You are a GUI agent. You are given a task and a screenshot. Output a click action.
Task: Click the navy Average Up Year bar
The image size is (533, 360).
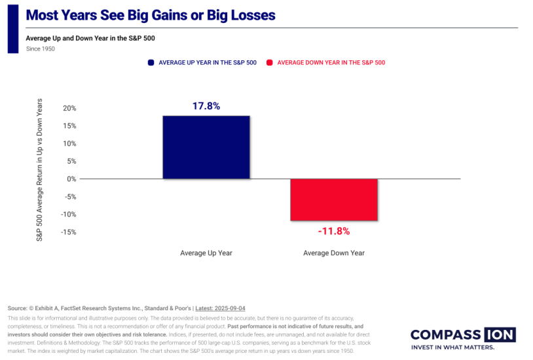[x=206, y=147]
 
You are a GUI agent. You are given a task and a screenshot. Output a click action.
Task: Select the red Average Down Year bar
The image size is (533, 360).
[x=335, y=200]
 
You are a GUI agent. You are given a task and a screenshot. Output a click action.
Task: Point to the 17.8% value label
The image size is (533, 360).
[x=206, y=105]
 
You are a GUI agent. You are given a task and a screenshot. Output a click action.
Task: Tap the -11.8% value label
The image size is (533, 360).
[x=334, y=231]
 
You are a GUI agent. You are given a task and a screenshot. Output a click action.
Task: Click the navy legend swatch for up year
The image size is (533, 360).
[x=151, y=63]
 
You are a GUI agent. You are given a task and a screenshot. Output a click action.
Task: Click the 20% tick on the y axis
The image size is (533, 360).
[x=69, y=109]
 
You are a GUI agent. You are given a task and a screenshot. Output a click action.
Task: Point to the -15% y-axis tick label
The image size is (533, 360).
[x=69, y=232]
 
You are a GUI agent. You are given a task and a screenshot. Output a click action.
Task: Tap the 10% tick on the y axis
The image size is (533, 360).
[x=69, y=144]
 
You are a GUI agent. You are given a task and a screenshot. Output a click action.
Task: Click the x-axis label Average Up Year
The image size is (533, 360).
[x=206, y=253]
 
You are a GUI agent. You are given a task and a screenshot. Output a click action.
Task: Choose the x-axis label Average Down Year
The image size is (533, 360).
[x=334, y=253]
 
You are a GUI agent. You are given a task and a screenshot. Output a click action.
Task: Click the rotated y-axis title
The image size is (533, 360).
[x=39, y=170]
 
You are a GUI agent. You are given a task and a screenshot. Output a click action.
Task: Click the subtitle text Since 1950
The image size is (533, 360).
[x=41, y=48]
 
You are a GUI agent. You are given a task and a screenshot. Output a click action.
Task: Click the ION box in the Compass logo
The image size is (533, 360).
[x=500, y=334]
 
